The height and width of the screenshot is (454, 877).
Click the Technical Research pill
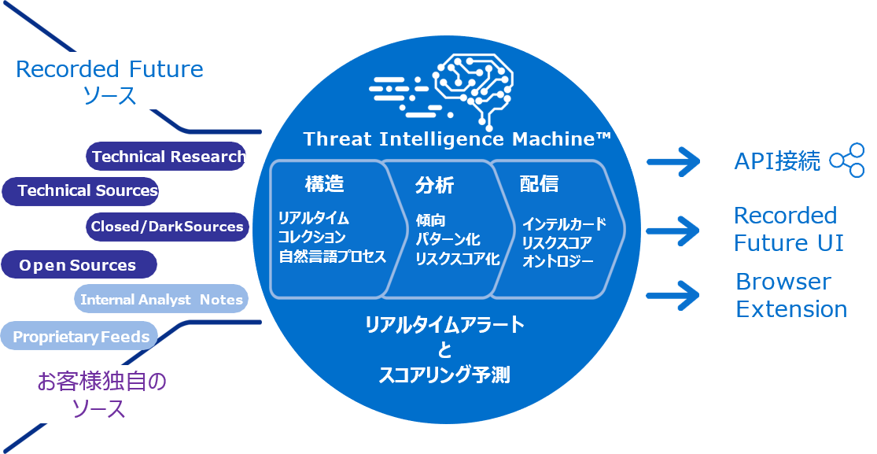tap(167, 157)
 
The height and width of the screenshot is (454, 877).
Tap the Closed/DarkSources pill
tap(167, 227)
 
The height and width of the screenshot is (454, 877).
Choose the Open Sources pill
tap(78, 265)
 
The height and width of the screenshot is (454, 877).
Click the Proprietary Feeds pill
tap(80, 337)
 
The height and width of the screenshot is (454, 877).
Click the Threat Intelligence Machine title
tap(457, 140)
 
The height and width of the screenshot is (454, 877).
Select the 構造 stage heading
tap(324, 185)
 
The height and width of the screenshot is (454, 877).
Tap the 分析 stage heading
tap(434, 186)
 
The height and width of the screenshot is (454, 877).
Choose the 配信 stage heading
tap(539, 184)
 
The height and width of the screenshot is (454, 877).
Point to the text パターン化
tap(448, 239)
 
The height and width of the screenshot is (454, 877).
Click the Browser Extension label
tap(790, 295)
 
